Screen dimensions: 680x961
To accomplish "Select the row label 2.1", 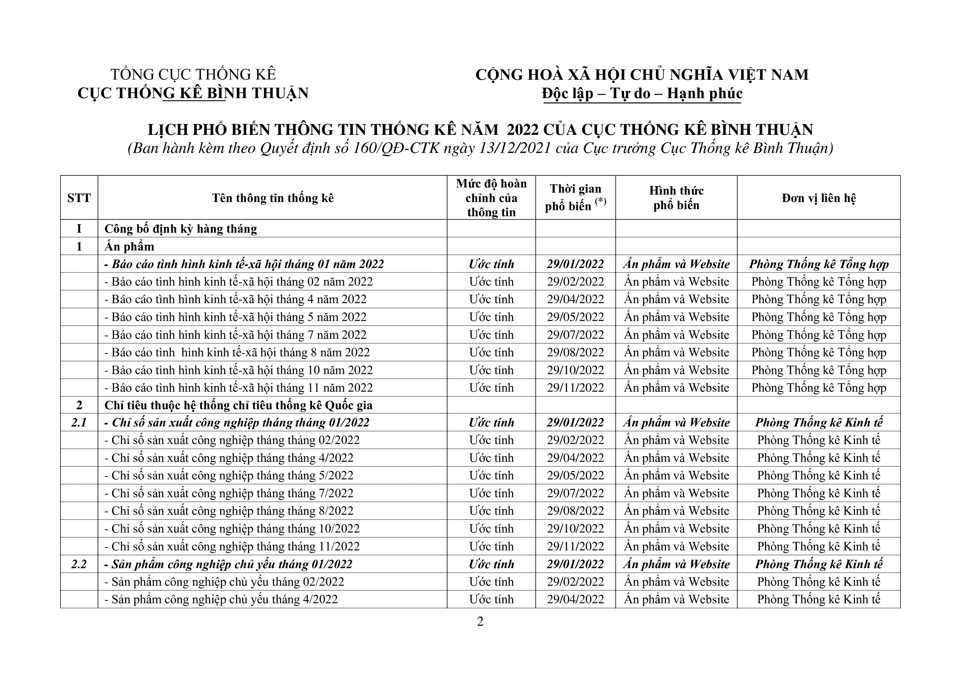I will coord(79,422).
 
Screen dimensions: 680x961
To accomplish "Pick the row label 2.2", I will coord(79,564).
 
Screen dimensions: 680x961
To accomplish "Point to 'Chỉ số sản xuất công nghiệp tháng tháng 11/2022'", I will coord(236,547).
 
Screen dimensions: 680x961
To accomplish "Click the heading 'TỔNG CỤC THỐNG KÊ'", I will coord(193,75).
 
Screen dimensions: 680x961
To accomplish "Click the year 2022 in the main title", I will coord(523,130).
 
